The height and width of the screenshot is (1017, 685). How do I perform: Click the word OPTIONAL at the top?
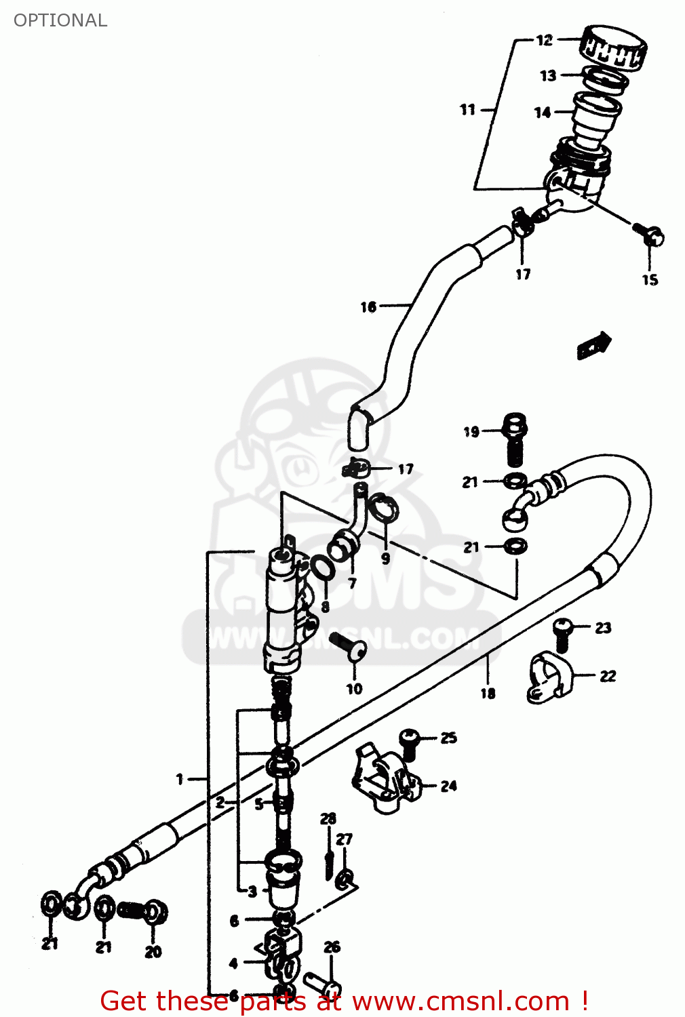(60, 20)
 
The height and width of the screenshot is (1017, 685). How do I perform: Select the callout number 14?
(543, 113)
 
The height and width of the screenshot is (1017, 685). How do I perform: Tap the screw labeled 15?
(650, 235)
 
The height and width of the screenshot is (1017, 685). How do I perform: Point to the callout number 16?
(368, 307)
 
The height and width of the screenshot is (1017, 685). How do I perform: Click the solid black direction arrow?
(594, 345)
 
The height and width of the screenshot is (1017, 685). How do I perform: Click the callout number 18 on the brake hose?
(488, 693)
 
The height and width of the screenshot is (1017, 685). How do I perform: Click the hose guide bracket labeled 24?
(382, 778)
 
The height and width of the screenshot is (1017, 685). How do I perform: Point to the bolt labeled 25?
(409, 741)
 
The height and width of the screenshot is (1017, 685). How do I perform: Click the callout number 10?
(354, 689)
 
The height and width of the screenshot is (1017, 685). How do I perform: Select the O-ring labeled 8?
(321, 567)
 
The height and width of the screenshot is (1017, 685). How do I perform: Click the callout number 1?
(180, 779)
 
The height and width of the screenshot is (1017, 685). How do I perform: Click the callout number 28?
(328, 819)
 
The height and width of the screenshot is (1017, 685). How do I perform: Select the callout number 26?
(332, 946)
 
